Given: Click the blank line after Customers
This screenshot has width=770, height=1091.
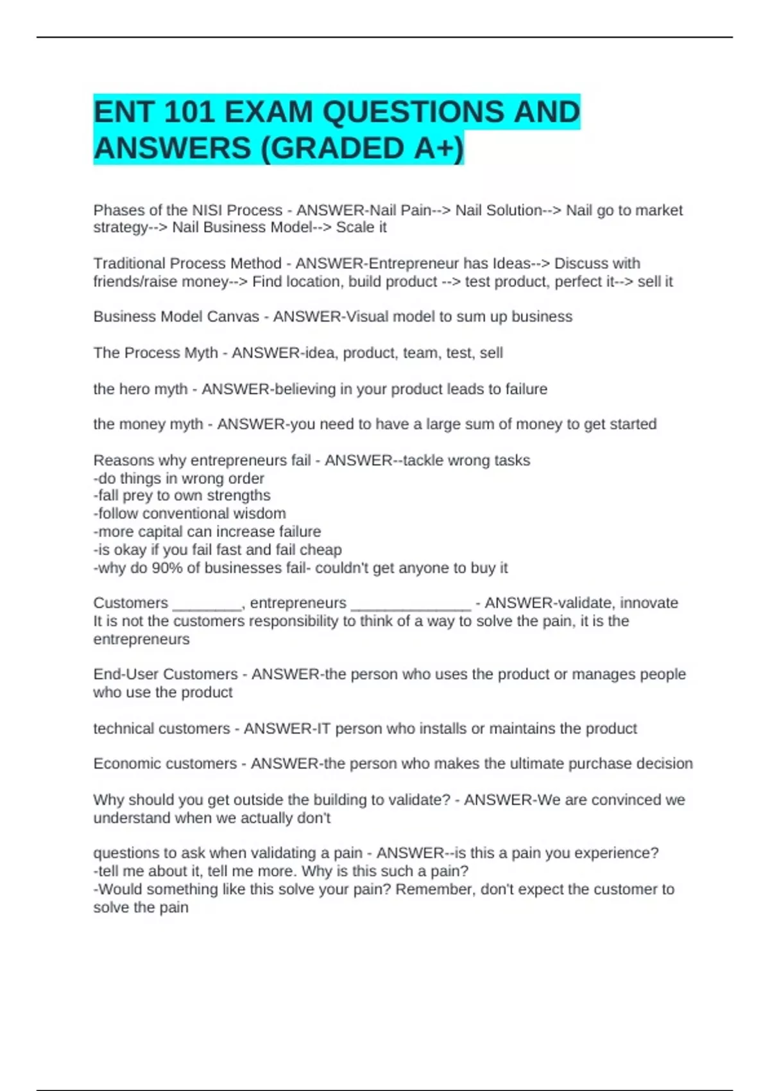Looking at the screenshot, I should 207,606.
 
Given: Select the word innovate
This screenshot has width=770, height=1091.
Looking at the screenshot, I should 649,603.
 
